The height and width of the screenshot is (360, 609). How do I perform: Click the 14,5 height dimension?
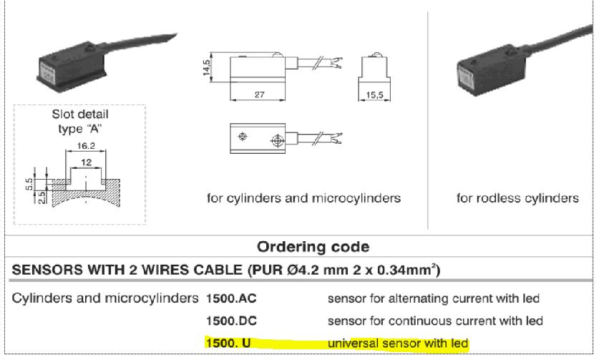pos(207,67)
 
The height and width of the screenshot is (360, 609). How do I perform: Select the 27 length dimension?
pos(260,94)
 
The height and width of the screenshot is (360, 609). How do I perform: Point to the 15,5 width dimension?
pos(374,94)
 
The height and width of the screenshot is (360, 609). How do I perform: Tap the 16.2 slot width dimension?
pos(86,145)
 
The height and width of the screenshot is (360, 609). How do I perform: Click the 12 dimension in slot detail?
pos(86,162)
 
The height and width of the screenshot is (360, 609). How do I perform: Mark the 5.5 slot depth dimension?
pos(29,185)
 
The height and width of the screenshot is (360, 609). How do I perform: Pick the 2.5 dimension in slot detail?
pos(42,198)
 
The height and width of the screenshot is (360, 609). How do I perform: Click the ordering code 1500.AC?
pos(231,298)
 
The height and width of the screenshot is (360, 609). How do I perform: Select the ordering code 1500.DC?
pos(231,321)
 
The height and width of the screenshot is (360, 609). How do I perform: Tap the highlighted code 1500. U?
pos(228,344)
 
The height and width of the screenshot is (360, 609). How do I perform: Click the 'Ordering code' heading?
pos(313,247)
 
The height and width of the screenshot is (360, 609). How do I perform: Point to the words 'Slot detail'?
pos(80,115)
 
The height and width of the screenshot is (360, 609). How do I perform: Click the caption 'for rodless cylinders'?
pos(517,198)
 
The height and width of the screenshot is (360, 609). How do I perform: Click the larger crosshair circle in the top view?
pos(278,140)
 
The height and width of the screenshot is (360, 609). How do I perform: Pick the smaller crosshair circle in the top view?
pos(243,136)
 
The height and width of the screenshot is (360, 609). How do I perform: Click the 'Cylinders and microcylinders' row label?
pos(105,298)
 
